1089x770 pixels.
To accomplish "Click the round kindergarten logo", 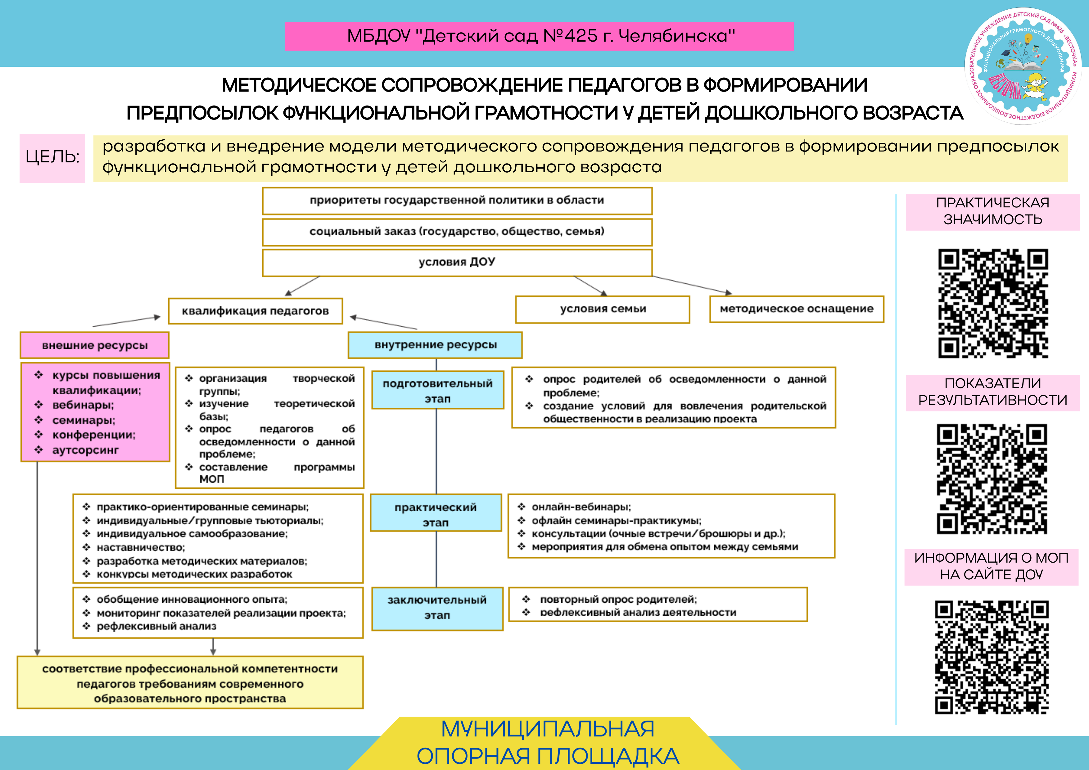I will click(1023, 66).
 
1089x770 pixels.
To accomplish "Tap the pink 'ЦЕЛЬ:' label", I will click(52, 157).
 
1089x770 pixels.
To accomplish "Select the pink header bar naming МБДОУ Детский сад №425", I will click(539, 36).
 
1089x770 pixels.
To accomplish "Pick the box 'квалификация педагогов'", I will click(255, 311).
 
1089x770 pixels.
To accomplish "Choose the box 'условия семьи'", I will click(602, 309).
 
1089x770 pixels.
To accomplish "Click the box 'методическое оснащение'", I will click(796, 309).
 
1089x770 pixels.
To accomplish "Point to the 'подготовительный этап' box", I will click(437, 391).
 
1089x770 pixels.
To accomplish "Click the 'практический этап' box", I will click(436, 514).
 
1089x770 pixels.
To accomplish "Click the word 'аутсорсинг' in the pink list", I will click(85, 450).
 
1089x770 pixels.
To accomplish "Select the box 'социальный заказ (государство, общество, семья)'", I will click(457, 232).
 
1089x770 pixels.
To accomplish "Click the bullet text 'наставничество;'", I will click(141, 547).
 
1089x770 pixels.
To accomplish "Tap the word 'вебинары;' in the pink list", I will click(83, 405).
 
